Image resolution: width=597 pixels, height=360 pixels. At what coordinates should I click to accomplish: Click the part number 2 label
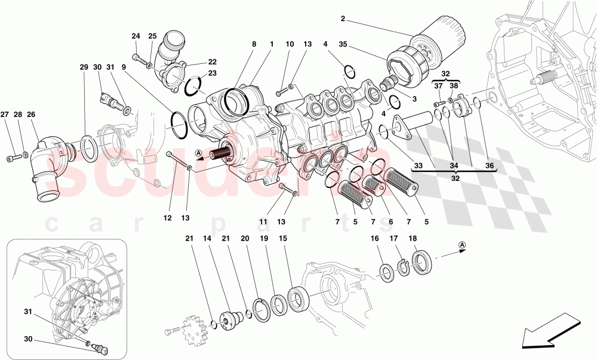pos(343,19)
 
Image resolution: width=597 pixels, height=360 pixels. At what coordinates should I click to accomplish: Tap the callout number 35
pos(342,44)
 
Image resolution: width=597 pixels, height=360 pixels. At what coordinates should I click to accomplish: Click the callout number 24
pos(136,36)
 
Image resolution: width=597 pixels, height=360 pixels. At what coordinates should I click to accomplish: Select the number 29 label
pos(84,67)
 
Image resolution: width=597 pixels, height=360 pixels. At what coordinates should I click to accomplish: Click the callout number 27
pos(4,114)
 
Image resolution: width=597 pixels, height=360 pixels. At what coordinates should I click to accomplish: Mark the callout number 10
pos(290,44)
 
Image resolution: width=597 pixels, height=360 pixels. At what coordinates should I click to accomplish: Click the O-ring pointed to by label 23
pos(193,87)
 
